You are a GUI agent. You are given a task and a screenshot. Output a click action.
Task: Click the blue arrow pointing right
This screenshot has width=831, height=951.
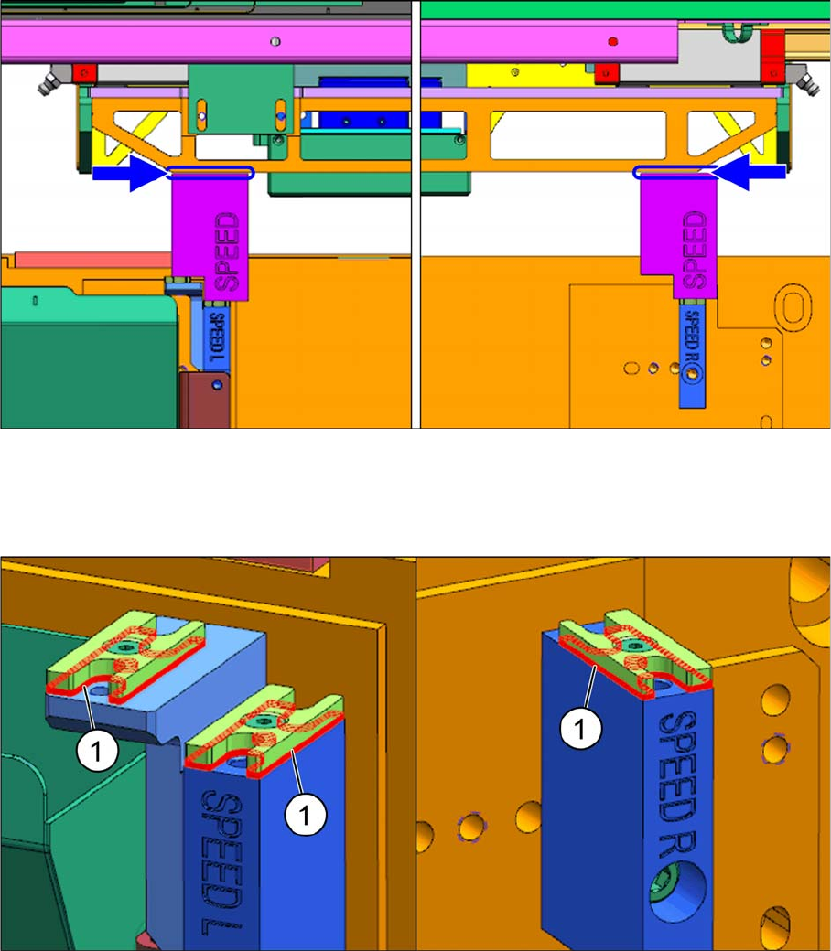click(x=129, y=174)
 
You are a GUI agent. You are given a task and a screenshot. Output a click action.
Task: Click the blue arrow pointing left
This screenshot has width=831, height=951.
click(x=749, y=172)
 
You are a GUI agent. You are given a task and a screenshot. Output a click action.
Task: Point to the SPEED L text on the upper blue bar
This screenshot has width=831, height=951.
click(x=216, y=337)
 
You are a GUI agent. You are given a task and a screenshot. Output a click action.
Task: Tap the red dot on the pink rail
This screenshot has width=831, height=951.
click(x=612, y=42)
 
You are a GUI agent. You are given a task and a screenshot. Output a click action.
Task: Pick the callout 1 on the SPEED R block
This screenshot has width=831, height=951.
click(x=580, y=728)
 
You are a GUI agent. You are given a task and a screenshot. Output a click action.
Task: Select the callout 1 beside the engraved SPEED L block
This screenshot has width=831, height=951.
click(x=306, y=815)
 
